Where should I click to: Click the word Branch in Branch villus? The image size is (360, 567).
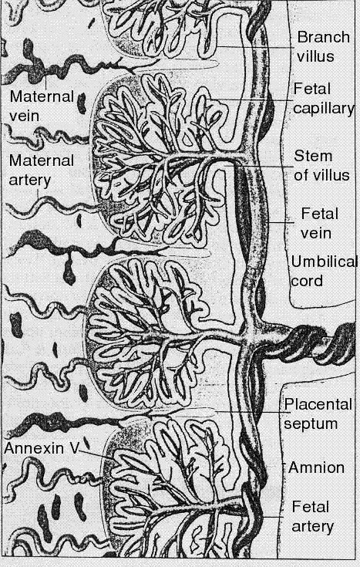click(x=324, y=37)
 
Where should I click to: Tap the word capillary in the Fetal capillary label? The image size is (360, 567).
click(x=324, y=109)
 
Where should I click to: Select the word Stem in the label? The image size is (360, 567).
click(x=313, y=156)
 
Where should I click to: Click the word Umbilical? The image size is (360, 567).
click(x=324, y=262)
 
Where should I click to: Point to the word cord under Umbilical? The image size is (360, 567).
click(x=307, y=281)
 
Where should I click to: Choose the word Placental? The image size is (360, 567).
click(x=318, y=404)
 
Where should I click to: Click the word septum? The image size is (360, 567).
click(x=311, y=424)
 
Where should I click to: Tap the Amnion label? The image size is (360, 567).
click(x=316, y=467)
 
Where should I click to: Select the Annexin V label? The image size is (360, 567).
click(x=41, y=448)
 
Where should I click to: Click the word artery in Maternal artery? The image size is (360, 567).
click(x=29, y=180)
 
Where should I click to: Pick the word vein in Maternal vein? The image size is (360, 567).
click(x=24, y=116)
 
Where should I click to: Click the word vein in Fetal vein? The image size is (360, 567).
click(x=316, y=233)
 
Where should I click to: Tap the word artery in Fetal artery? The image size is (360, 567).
click(x=312, y=526)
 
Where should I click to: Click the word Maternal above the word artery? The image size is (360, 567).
click(x=42, y=160)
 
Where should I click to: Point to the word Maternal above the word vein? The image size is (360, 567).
click(x=42, y=96)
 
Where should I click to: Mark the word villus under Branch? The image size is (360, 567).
click(x=315, y=56)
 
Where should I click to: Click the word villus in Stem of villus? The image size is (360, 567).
click(x=331, y=175)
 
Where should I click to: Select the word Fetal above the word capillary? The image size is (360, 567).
click(x=312, y=89)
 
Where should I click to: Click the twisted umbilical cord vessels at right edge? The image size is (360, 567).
click(x=321, y=343)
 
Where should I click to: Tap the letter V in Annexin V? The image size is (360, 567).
click(x=74, y=448)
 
